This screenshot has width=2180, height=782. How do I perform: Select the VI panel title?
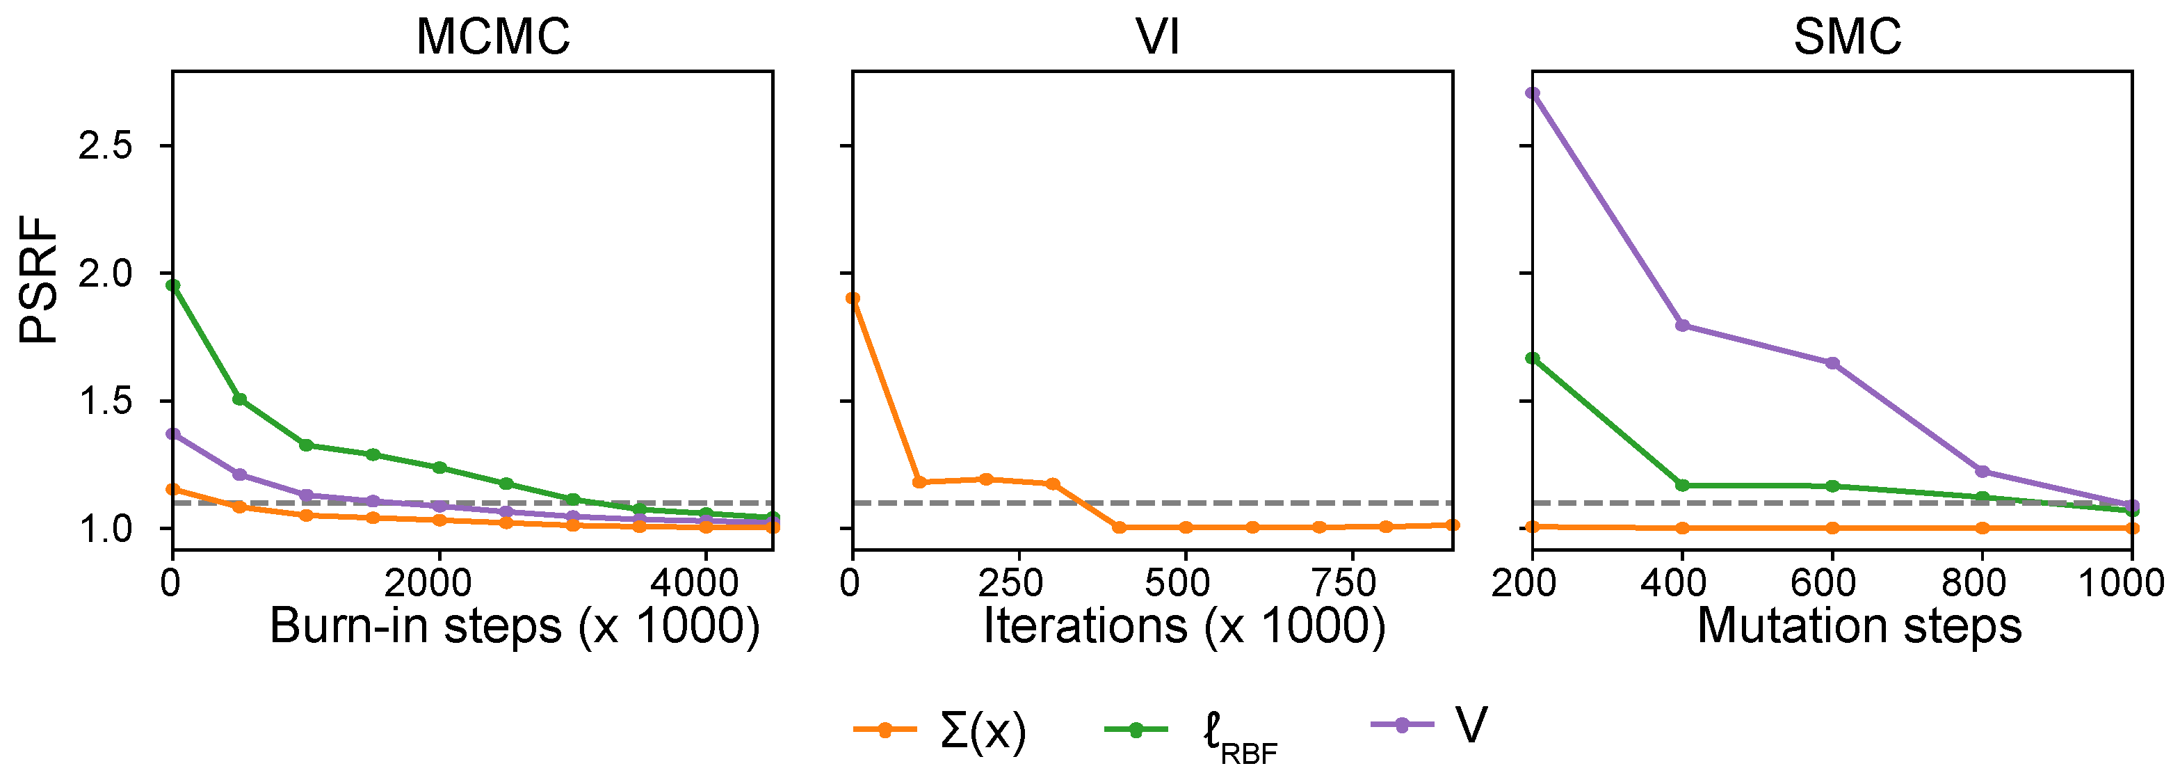[x=1157, y=38]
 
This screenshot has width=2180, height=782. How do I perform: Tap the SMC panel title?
[x=1847, y=38]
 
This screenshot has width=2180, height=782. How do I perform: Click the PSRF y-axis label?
[x=39, y=279]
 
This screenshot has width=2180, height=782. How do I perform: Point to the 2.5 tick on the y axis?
[x=105, y=146]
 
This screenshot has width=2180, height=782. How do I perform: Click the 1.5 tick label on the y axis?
[x=105, y=402]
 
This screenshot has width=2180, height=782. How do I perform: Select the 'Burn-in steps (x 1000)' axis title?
[x=515, y=626]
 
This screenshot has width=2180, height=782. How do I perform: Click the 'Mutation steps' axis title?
[x=1859, y=626]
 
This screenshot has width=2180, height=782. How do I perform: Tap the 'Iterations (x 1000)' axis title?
[x=1183, y=626]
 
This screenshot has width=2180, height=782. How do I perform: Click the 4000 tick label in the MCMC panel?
[x=694, y=583]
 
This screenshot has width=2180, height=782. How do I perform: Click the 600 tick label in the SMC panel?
[x=1824, y=583]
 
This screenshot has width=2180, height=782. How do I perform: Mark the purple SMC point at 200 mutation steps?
[x=1533, y=93]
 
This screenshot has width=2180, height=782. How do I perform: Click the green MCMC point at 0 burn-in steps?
[x=173, y=285]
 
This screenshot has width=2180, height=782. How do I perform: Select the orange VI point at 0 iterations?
[x=853, y=298]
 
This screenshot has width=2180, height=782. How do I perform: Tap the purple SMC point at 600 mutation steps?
[x=1832, y=363]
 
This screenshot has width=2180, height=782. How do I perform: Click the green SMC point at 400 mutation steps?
[x=1682, y=485]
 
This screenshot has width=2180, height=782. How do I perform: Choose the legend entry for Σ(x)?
[x=939, y=730]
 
